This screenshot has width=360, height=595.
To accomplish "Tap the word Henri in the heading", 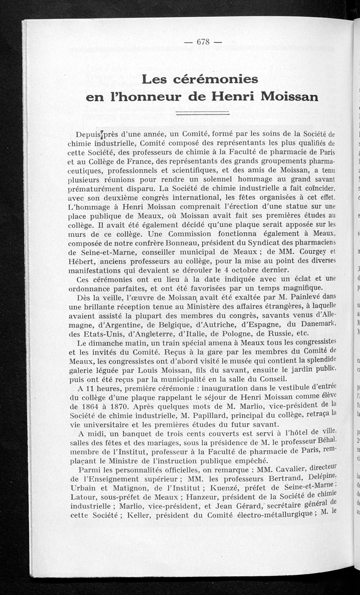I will pyautogui.click(x=243, y=96).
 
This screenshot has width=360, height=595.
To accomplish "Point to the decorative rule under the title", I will pyautogui.click(x=202, y=113).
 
